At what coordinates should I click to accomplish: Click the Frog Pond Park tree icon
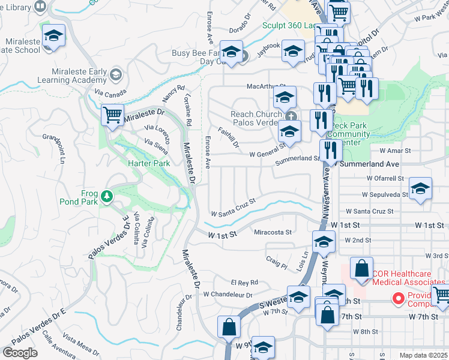[x=106, y=196]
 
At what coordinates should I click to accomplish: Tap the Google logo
[x=20, y=352]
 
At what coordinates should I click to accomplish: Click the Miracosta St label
[x=273, y=232]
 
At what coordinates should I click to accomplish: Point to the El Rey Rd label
[x=244, y=282]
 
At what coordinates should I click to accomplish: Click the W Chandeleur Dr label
[x=228, y=295]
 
